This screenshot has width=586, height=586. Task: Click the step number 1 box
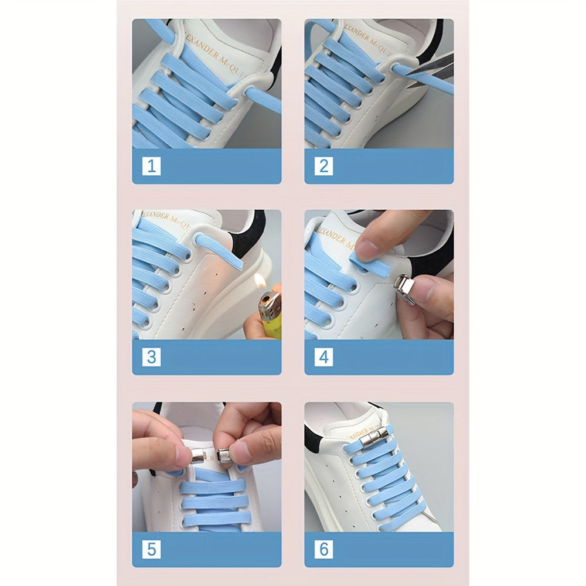coord(151,166)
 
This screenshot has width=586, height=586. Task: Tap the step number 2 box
coord(323,166)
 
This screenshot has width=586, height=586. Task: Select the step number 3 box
coord(151,357)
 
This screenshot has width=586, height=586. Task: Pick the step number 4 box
coord(323,357)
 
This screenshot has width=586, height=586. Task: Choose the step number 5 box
coord(151,549)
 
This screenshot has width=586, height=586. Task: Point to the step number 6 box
coord(323,549)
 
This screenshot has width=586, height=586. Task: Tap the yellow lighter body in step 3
coord(270,319)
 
